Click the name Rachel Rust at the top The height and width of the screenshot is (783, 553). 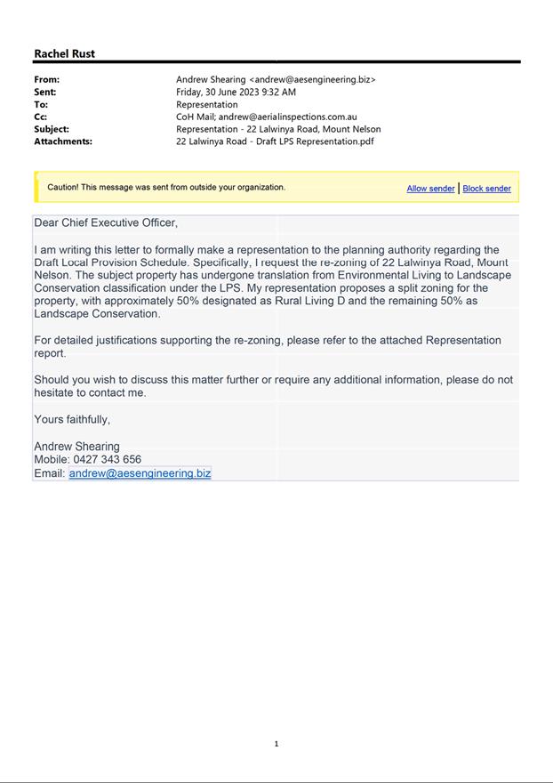tap(64, 53)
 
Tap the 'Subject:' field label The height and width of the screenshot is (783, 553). tap(52, 129)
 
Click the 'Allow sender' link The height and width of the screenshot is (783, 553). tap(430, 189)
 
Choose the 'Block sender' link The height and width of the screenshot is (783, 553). tap(486, 189)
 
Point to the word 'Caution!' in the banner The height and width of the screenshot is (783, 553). tap(63, 188)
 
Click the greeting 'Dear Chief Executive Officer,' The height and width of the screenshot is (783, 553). tap(106, 222)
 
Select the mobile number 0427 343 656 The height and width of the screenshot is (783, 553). tap(109, 460)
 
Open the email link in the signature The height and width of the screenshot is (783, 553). tap(140, 473)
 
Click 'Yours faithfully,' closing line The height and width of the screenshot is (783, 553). tap(72, 419)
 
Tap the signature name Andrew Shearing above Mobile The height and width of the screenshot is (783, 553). tap(76, 447)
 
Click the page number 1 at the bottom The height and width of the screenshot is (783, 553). tap(276, 744)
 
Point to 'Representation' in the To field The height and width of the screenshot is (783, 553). tap(206, 104)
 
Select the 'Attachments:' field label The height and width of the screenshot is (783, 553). tap(63, 141)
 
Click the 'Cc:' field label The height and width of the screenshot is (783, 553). tap(41, 117)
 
